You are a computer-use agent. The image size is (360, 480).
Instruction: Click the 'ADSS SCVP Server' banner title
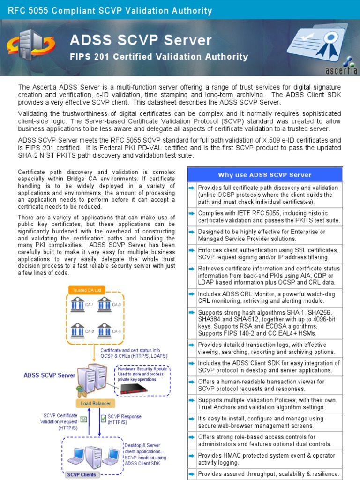141,41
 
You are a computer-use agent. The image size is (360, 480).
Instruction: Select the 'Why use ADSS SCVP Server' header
265,175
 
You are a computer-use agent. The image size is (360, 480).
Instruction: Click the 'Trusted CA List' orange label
86,290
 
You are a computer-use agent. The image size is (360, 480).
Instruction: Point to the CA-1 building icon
77,304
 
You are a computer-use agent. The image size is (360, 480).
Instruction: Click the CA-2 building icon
77,330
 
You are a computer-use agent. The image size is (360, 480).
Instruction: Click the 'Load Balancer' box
95,403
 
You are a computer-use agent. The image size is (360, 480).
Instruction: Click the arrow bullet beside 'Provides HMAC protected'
192,456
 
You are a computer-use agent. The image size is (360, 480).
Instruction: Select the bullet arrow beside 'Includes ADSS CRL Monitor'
192,294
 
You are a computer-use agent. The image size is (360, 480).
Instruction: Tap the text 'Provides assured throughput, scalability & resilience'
268,474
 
